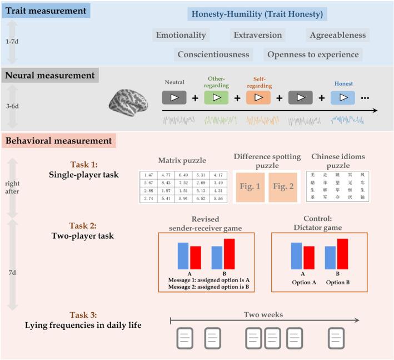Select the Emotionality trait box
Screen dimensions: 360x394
(181, 35)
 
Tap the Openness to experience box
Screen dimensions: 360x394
(313, 55)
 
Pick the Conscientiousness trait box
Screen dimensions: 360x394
(213, 55)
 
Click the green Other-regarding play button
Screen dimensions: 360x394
(216, 97)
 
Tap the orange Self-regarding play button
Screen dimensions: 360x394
(257, 97)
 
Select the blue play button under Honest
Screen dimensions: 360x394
(342, 97)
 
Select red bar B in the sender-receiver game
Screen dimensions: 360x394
(229, 253)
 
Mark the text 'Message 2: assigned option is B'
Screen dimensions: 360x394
(207, 288)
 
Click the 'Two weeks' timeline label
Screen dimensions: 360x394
(263, 315)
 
